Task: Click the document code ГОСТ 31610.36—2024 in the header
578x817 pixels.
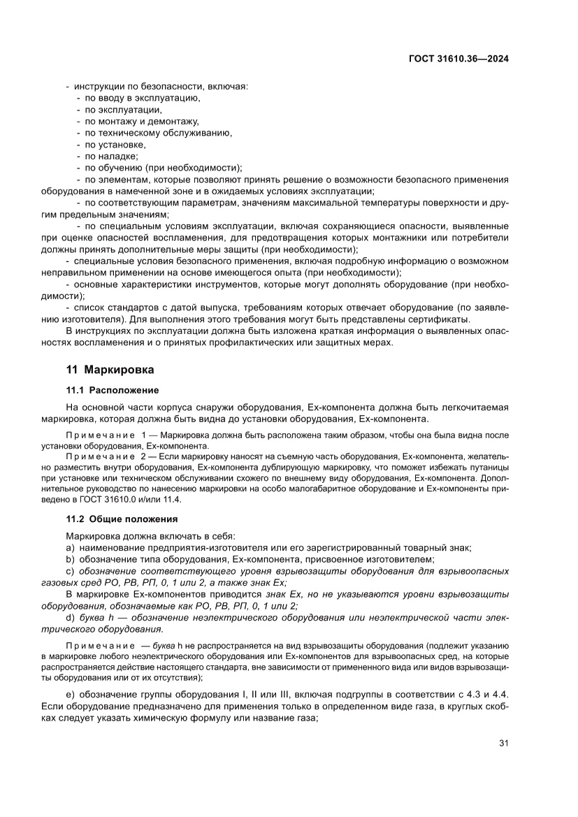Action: [x=458, y=59]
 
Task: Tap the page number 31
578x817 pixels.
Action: [x=503, y=742]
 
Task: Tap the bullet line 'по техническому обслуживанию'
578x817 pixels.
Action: [x=158, y=133]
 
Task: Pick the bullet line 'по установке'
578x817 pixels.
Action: [x=115, y=144]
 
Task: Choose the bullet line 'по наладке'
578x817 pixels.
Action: [x=112, y=156]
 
